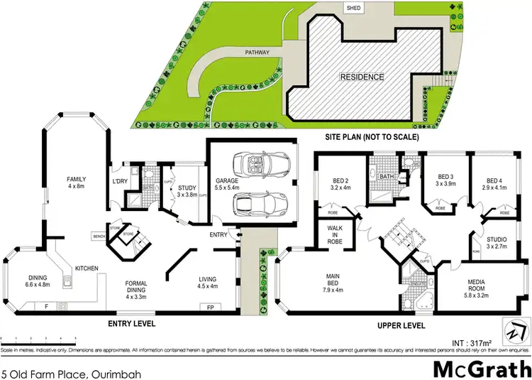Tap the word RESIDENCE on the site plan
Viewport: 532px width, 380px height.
click(361, 77)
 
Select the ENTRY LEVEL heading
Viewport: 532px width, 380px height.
click(131, 324)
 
